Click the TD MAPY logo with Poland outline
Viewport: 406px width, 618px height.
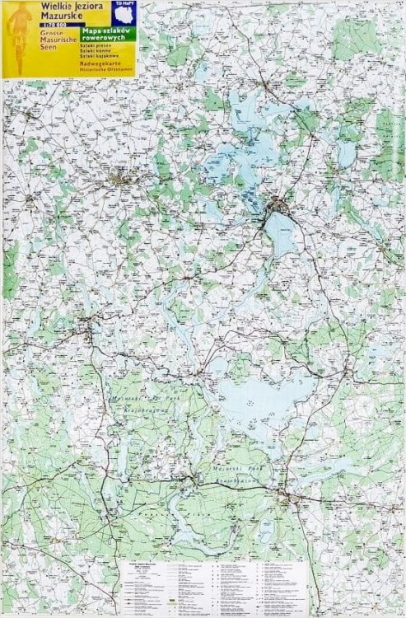tap(123, 12)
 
